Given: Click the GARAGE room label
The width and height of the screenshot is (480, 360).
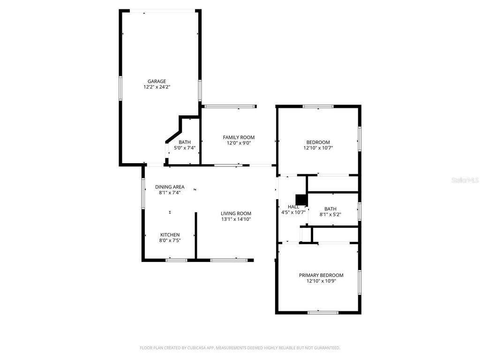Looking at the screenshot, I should pyautogui.click(x=157, y=81).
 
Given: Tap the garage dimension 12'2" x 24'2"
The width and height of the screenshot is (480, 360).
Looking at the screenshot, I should pyautogui.click(x=157, y=87).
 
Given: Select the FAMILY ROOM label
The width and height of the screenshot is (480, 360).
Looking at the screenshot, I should pyautogui.click(x=239, y=137).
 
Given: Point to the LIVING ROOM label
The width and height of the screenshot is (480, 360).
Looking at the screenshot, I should pyautogui.click(x=236, y=213).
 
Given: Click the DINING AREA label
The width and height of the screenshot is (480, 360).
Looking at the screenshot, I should pyautogui.click(x=170, y=187).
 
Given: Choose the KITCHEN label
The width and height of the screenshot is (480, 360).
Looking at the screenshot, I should pyautogui.click(x=170, y=235).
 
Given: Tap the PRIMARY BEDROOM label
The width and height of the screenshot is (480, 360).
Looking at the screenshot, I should pyautogui.click(x=321, y=275).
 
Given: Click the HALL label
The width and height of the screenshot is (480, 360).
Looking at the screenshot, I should pyautogui.click(x=293, y=207).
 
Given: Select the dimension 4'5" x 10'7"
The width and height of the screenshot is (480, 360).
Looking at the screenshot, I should pyautogui.click(x=293, y=212).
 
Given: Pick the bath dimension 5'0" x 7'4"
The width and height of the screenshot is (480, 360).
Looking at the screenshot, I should pyautogui.click(x=185, y=148).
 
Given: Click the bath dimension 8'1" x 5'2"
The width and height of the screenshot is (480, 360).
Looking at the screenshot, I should pyautogui.click(x=330, y=215).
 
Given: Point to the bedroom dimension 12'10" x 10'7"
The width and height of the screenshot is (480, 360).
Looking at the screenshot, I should pyautogui.click(x=318, y=148).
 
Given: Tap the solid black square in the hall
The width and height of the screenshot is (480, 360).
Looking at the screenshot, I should pyautogui.click(x=301, y=200).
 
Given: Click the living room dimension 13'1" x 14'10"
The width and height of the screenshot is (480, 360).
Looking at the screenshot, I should pyautogui.click(x=236, y=219).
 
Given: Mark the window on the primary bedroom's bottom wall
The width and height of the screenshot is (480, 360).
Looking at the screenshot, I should pyautogui.click(x=323, y=312).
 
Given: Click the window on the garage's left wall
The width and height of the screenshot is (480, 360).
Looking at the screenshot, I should pyautogui.click(x=120, y=88).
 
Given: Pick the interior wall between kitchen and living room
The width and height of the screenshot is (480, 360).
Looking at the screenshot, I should pyautogui.click(x=195, y=235).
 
